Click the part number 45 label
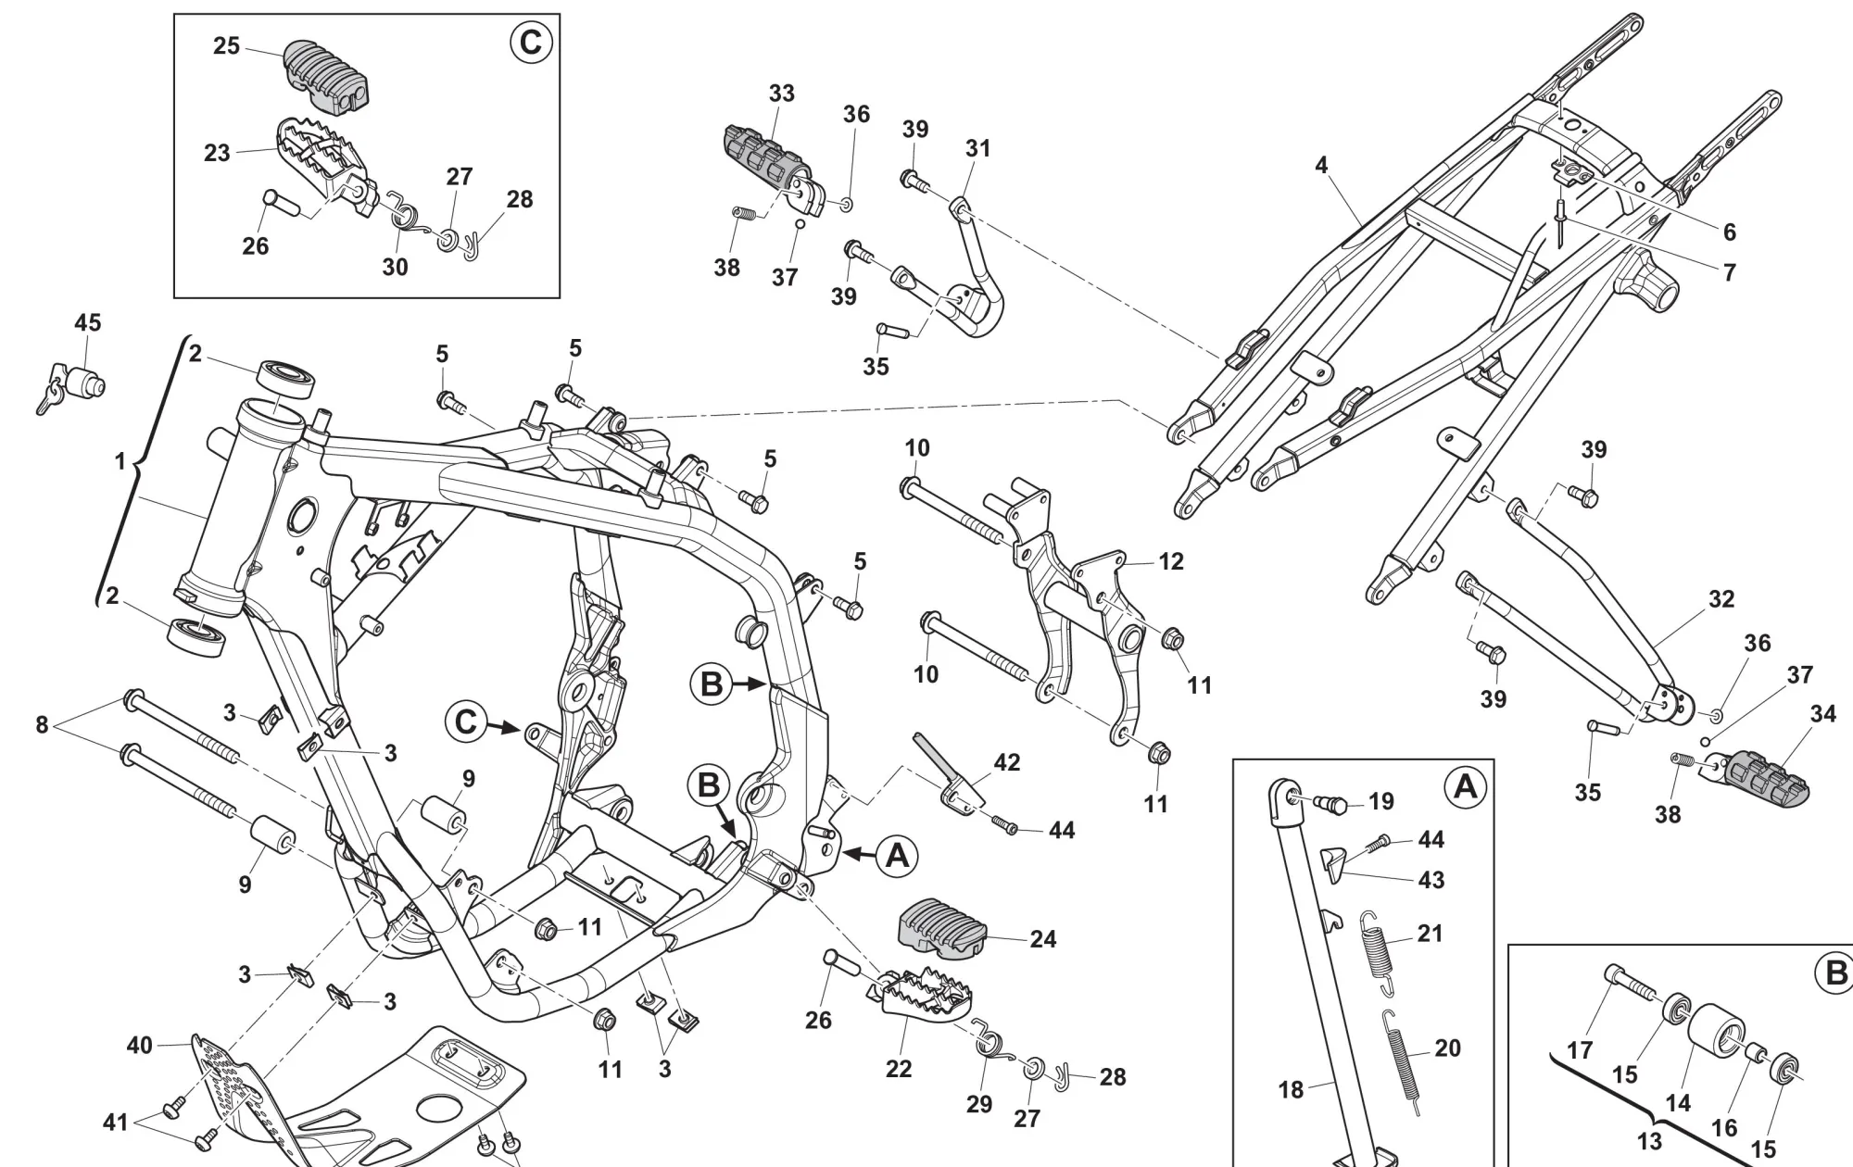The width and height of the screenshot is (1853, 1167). pos(88,323)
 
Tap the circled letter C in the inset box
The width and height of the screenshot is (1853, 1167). pos(532,44)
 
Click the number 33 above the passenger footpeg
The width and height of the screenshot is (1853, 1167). pos(782,94)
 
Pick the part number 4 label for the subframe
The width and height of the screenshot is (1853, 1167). pos(1321,165)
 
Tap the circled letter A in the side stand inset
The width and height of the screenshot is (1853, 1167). pos(1466,786)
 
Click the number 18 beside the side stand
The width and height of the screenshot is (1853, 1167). pos(1292,1090)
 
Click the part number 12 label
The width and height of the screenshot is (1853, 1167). pos(1171,561)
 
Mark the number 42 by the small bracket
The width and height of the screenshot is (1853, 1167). pos(1007,762)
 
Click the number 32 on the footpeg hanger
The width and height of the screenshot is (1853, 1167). pos(1721,599)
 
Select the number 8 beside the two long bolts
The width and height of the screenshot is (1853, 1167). pos(42,724)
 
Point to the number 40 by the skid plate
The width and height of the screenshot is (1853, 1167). pos(139,1046)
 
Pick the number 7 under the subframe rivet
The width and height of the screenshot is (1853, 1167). pos(1729,272)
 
